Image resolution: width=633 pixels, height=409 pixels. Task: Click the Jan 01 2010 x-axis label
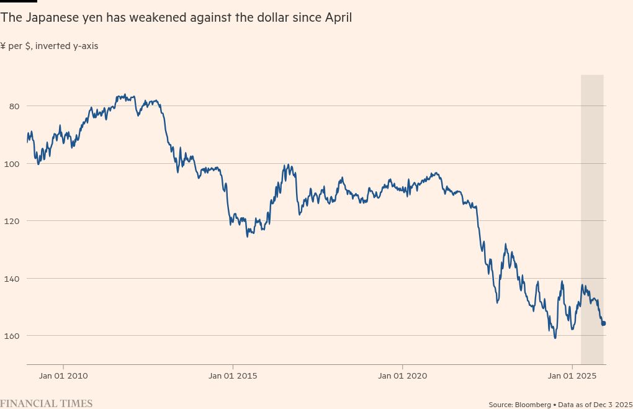point(63,375)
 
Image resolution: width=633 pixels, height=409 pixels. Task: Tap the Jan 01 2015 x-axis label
point(233,375)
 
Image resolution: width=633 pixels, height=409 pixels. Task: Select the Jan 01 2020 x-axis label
point(402,375)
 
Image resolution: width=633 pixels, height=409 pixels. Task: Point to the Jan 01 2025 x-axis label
point(572,375)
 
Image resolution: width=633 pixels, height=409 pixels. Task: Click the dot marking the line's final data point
point(603,323)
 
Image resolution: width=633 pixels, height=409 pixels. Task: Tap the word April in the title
point(338,18)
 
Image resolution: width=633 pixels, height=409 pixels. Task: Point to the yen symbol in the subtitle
point(3,46)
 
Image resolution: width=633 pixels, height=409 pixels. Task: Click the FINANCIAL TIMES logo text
point(47,403)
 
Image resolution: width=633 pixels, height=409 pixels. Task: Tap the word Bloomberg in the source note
point(533,405)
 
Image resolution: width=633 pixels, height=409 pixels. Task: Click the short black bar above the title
point(19,1)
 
